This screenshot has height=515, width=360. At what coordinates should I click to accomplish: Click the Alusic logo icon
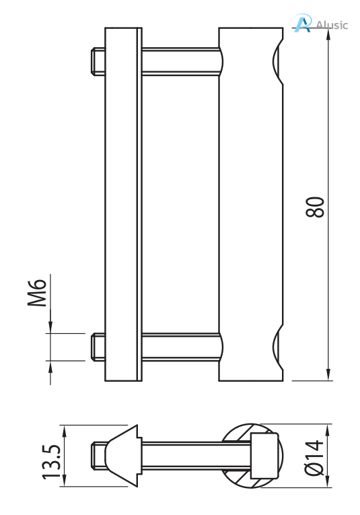click(303, 24)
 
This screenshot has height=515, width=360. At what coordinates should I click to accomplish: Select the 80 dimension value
click(316, 207)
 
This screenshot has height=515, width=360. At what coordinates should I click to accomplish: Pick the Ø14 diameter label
click(315, 458)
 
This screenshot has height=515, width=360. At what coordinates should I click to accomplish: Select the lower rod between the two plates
click(180, 347)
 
